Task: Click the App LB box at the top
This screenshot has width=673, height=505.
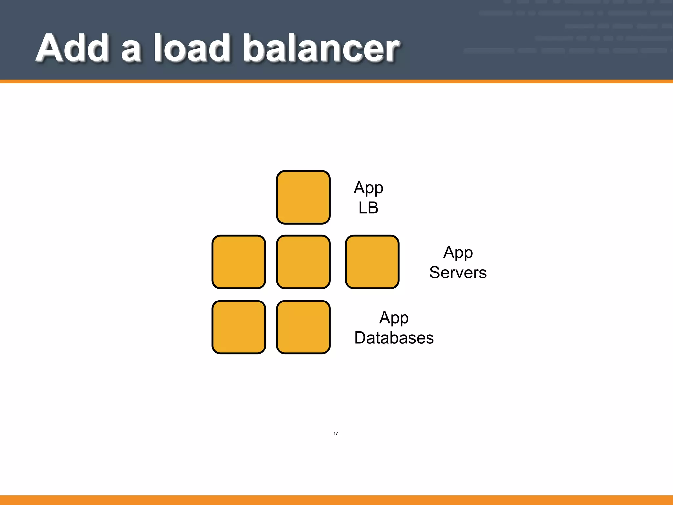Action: [303, 197]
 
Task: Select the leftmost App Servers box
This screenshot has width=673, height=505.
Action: [239, 262]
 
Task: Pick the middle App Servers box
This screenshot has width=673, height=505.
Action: [303, 262]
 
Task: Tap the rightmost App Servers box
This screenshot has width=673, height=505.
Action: [372, 262]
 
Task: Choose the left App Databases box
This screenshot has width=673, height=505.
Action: [239, 327]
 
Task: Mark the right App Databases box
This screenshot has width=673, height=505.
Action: [303, 327]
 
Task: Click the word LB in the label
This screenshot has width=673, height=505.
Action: [368, 208]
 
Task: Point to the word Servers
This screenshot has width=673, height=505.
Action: [458, 273]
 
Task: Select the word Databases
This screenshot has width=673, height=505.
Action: [394, 338]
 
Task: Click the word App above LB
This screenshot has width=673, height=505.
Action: [368, 188]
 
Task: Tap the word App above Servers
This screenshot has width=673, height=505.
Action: [458, 253]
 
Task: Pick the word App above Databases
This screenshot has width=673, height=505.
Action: [394, 318]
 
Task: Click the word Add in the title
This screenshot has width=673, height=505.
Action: [73, 48]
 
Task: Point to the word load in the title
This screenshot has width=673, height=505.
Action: [192, 48]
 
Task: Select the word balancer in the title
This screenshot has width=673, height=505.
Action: [321, 48]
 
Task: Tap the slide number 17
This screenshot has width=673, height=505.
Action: [336, 433]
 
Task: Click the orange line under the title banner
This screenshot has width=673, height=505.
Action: [336, 81]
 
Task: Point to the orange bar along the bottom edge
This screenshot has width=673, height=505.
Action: [336, 500]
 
